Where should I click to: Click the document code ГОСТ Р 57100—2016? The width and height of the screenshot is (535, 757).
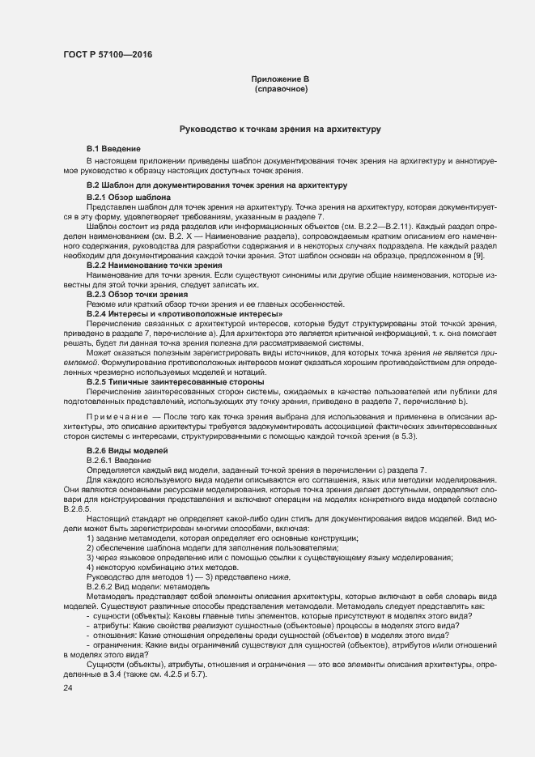(x=106, y=54)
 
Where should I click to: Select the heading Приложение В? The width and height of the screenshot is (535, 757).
(x=280, y=79)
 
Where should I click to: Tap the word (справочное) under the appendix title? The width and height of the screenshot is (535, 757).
(x=281, y=88)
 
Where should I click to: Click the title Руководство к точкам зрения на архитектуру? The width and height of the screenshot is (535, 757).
(x=279, y=129)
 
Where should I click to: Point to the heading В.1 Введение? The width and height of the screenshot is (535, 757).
(x=114, y=150)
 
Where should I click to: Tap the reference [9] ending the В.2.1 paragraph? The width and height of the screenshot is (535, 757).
(x=478, y=256)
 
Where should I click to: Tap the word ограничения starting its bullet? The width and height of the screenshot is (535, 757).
(x=120, y=644)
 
